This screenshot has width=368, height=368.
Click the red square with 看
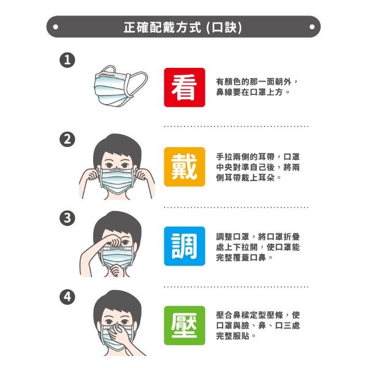(185, 87)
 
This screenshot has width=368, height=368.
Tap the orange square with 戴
(185, 167)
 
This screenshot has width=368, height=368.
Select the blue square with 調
(185, 246)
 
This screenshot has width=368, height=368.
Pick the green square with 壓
(185, 325)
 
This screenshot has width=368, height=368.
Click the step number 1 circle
(67, 60)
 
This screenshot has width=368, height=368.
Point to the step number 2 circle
(67, 139)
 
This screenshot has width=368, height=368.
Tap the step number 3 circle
(67, 218)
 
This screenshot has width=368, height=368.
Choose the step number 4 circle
(67, 297)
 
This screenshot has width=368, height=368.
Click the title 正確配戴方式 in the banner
(162, 27)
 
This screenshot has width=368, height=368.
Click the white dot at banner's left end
(56, 27)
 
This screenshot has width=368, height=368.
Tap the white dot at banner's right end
(312, 27)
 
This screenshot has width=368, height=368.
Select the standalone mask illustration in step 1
(121, 86)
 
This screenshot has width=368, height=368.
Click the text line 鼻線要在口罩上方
(249, 92)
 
